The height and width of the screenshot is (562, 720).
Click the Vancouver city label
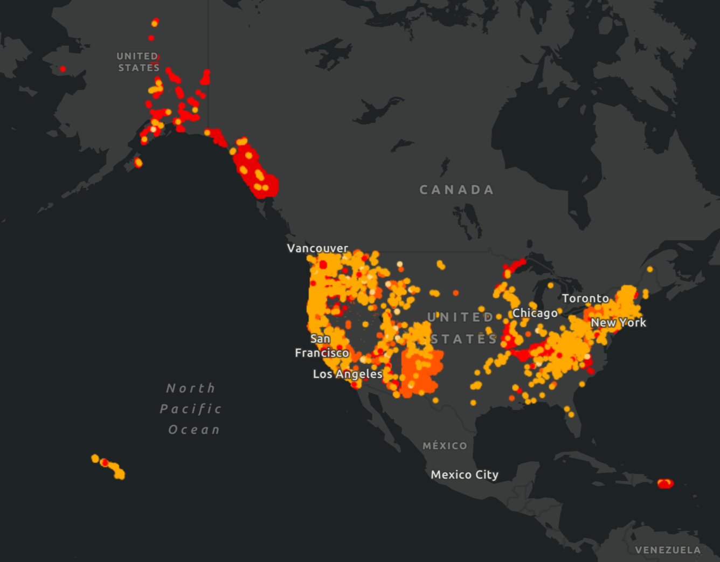[x=317, y=248]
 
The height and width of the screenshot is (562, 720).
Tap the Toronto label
[x=585, y=299]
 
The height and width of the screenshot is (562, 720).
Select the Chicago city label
[x=535, y=313]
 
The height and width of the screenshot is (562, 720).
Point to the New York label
[x=618, y=323]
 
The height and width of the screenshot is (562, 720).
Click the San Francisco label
[x=322, y=346]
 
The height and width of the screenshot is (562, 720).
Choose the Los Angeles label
[x=348, y=374]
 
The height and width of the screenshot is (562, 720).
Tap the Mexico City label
[x=465, y=475]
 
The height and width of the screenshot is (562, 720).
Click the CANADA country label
[x=456, y=190]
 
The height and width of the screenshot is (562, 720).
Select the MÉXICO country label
[x=445, y=446]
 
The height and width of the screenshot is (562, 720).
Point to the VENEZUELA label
[x=668, y=550]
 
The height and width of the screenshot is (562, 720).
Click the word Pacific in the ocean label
[x=191, y=409]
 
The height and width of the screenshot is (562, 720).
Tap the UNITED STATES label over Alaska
[x=139, y=62]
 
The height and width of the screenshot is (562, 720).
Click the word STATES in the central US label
[x=463, y=339]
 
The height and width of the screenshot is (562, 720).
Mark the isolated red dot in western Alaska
[x=63, y=69]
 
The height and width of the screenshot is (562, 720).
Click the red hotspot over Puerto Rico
[x=666, y=483]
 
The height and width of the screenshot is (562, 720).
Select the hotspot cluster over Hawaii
[x=108, y=466]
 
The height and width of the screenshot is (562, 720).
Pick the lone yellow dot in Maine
[x=650, y=269]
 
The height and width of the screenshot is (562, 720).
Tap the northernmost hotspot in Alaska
[x=155, y=23]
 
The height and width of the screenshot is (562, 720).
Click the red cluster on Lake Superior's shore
[x=514, y=266]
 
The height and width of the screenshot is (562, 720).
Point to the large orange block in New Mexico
[x=423, y=372]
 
